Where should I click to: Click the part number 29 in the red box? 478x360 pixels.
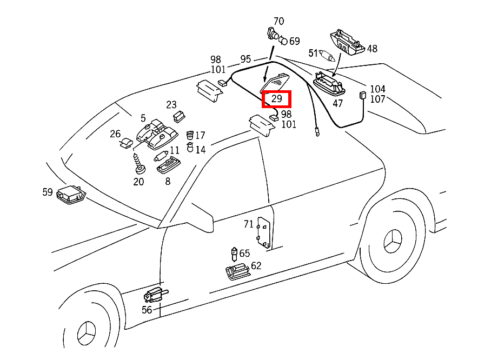(276, 99)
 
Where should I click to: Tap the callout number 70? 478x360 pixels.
(278, 22)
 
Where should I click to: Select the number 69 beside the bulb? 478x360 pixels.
(295, 41)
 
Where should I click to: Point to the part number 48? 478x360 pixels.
(372, 49)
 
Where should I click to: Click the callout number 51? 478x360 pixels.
(314, 53)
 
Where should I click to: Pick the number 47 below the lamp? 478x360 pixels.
(337, 103)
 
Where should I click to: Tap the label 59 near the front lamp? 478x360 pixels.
(48, 191)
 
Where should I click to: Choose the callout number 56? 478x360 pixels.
(147, 310)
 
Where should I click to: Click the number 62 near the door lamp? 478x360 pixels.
(256, 265)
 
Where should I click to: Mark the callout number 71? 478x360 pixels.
(249, 224)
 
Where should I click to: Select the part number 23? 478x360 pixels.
(171, 104)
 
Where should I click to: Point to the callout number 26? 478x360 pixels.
(115, 134)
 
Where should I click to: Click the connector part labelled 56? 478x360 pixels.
(155, 295)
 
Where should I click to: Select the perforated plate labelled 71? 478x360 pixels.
(264, 233)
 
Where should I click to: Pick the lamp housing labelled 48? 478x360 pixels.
(348, 43)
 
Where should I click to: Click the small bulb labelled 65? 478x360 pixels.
(234, 252)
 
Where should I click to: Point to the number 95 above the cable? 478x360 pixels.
(245, 59)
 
